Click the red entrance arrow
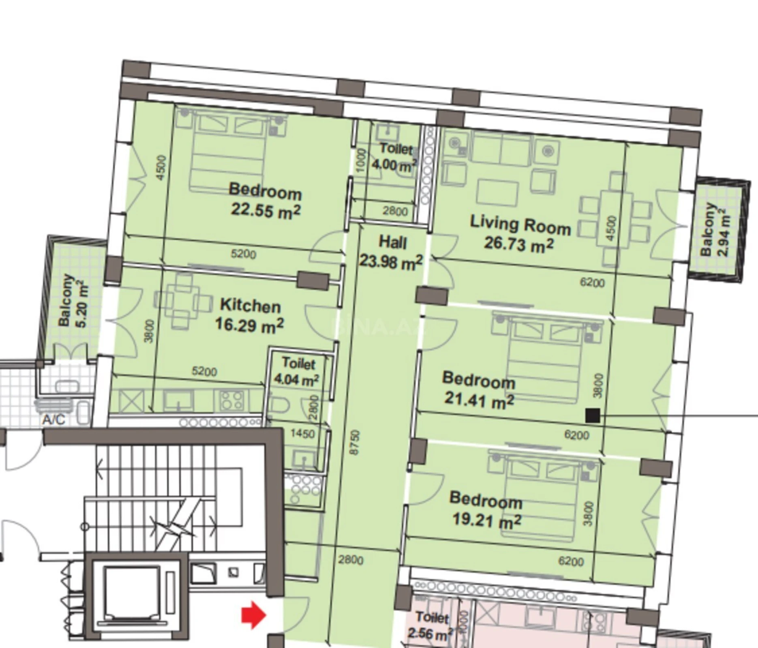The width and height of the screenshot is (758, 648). [253, 614]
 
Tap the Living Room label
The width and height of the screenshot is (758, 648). [520, 234]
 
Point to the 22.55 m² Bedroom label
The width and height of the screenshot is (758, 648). [266, 200]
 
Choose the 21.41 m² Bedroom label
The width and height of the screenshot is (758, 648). [479, 389]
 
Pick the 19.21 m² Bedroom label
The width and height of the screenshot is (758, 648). [486, 509]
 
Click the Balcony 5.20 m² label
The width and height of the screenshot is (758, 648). [73, 300]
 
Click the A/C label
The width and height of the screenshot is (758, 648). [54, 419]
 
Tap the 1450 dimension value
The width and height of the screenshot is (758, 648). [302, 434]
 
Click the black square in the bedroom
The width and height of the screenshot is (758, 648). [593, 416]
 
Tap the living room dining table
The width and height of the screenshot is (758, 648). [616, 219]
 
